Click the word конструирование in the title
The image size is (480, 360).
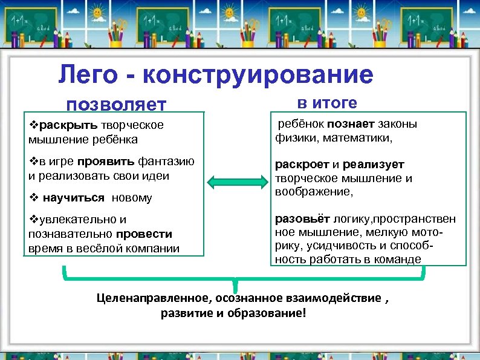coord(259,76)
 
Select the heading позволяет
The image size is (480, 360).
coord(116,105)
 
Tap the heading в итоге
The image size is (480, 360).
coord(327,103)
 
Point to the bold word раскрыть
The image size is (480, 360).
coord(63,126)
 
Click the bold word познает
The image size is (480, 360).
coord(352,125)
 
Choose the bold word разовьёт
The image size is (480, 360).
coord(300,218)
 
